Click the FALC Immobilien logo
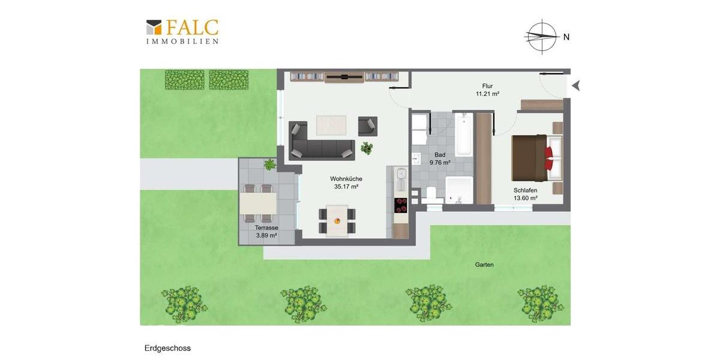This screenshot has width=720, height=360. click(x=182, y=32)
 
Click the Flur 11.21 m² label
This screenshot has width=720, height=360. click(x=487, y=90)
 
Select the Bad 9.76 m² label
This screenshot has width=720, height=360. click(x=440, y=158)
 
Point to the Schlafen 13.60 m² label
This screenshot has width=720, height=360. click(x=525, y=194)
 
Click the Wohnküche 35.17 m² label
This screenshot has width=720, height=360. click(x=346, y=182)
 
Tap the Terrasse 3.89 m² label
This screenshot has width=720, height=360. click(x=266, y=232)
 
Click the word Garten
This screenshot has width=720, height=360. click(x=484, y=265)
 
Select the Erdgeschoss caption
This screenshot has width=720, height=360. click(x=167, y=348)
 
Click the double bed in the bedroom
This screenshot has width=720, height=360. click(x=536, y=158)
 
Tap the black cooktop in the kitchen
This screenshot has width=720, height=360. click(x=400, y=205)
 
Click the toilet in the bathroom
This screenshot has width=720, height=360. click(x=431, y=194)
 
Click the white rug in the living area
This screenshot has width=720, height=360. click(x=331, y=125)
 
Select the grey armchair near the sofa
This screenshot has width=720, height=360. click(x=368, y=126)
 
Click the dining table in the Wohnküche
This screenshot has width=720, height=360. click(x=337, y=221)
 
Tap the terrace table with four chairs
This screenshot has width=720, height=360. click(x=258, y=203)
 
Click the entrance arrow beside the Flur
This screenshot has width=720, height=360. click(x=576, y=86)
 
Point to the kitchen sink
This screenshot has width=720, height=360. click(x=401, y=176)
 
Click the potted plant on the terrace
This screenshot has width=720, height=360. click(x=269, y=164)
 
